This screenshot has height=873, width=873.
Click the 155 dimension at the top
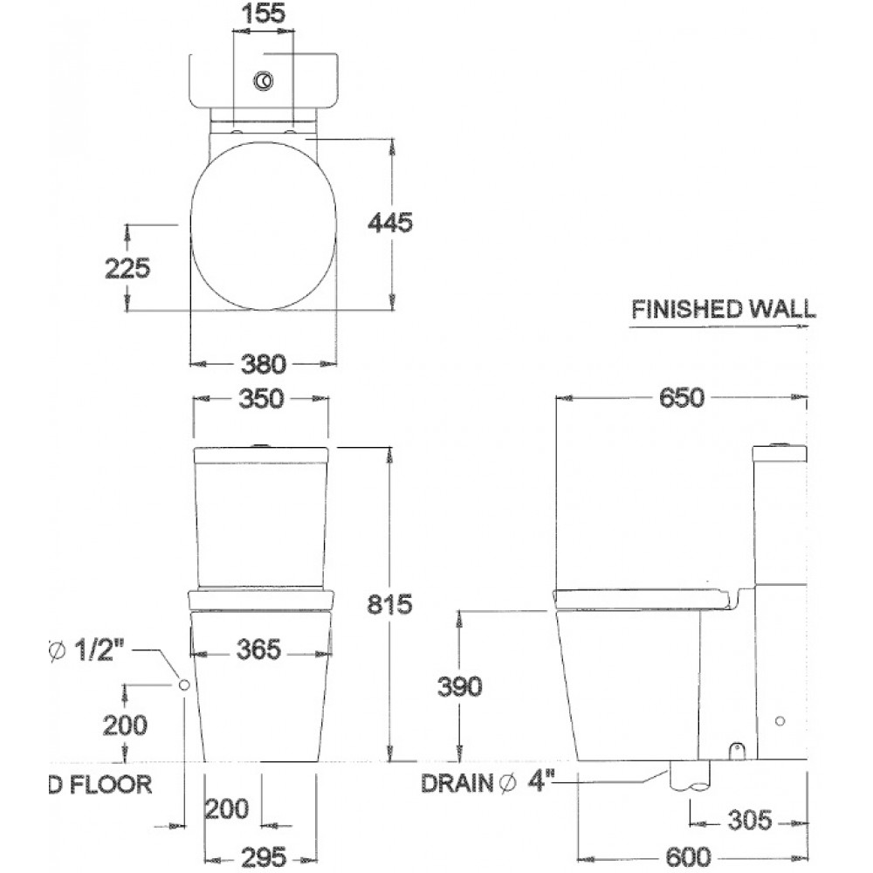[264, 13]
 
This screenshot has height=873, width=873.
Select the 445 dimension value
[390, 222]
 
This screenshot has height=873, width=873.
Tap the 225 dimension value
[127, 268]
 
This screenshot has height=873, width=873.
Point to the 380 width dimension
[264, 364]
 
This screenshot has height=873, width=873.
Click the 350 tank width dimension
[261, 399]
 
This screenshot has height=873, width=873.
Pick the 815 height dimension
[389, 604]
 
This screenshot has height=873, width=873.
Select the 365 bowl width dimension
[259, 650]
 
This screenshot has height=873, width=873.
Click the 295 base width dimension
[264, 856]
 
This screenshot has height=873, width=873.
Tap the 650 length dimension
[682, 397]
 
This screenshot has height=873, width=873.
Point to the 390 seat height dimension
[459, 686]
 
